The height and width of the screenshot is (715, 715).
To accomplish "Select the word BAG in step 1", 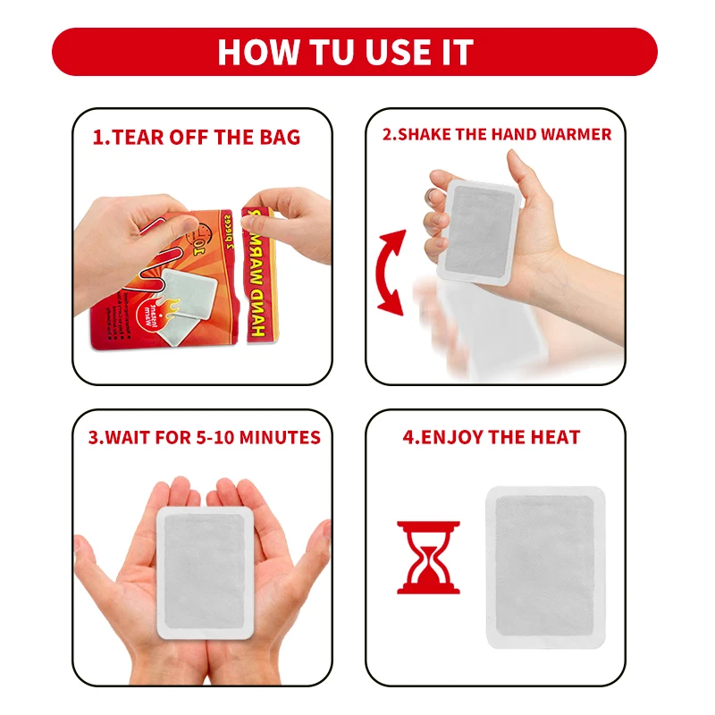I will coord(281,138).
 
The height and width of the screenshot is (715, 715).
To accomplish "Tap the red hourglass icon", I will coord(428,558).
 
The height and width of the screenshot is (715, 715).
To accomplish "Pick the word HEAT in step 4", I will coord(555,438).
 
